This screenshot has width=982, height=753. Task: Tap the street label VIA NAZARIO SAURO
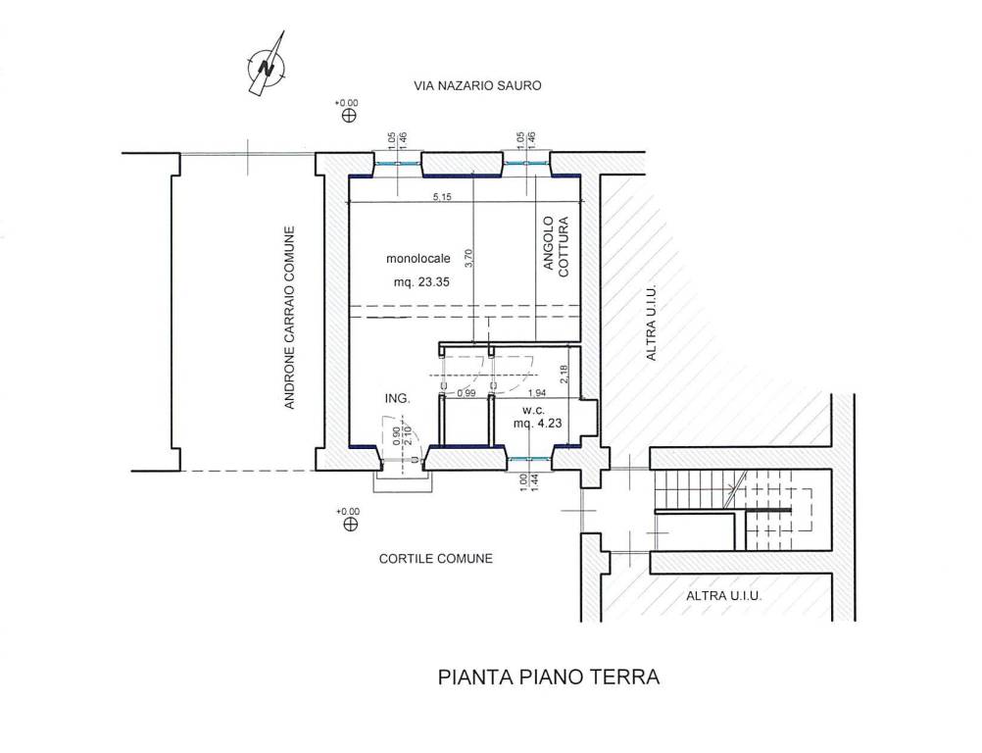pos(477,86)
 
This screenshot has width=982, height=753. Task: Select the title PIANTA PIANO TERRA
pos(548,677)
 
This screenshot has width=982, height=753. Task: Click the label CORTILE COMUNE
pos(435,559)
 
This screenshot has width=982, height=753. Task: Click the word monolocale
pos(418,259)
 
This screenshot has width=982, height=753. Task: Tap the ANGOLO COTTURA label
pos(556,247)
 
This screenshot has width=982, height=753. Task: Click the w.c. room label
pos(533,409)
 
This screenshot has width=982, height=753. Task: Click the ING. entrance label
pos(396,399)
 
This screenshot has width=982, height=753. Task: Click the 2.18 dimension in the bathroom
pos(563,374)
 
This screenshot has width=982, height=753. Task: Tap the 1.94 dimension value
pos(536,393)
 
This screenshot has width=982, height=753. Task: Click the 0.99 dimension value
pos(466,393)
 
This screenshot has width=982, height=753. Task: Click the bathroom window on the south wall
pos(529,458)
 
